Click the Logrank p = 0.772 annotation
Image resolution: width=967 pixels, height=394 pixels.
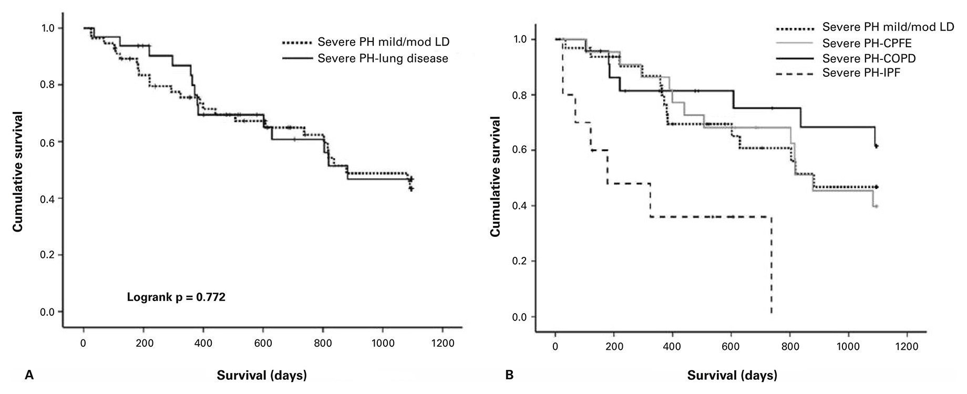tap(176, 297)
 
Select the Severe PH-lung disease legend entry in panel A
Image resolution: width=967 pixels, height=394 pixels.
tap(383, 58)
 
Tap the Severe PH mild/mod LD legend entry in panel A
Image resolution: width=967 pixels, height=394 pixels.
tap(383, 42)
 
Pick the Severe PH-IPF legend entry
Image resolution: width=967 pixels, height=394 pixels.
tap(861, 72)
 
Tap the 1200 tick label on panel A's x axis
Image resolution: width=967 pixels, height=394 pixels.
tap(441, 344)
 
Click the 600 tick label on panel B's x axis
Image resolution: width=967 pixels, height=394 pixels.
tap(731, 347)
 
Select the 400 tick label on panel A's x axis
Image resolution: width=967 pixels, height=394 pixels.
tap(203, 344)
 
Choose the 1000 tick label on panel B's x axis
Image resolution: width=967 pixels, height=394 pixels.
tap(848, 347)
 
